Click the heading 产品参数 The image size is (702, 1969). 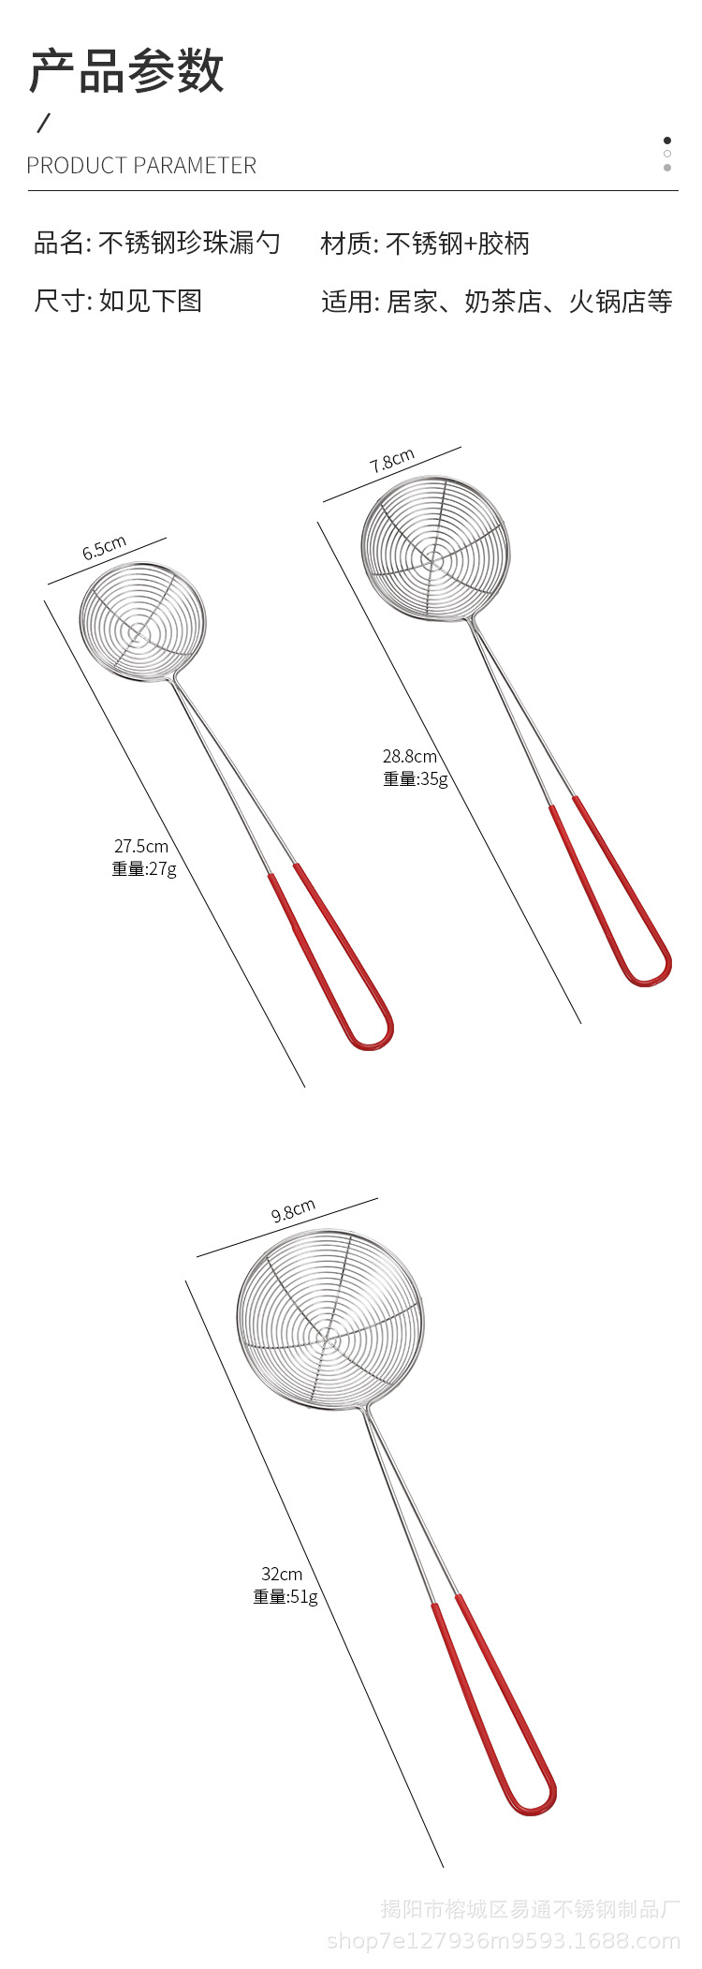pos(126,71)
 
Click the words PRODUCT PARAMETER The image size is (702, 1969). pos(141,166)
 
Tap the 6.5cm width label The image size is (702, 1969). pos(104,549)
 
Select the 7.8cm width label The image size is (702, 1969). pos(392,462)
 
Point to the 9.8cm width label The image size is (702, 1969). pos(293,1211)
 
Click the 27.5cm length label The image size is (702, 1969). pos(141,846)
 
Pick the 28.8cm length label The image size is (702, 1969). pos(409,756)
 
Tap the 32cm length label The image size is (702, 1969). pos(282,1574)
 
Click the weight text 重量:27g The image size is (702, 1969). pos(144,868)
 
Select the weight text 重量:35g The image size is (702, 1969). pos(415,778)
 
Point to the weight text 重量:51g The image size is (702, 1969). pos(285,1596)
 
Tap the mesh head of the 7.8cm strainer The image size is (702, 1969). pos(435,550)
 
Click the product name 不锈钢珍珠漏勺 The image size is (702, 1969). pos(189,244)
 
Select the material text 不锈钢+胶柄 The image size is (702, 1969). pos(458,244)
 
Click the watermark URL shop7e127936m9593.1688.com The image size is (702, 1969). pos(504,1941)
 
